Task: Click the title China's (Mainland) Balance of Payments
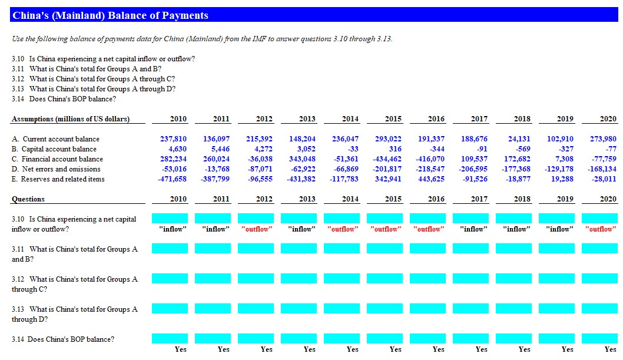(110, 15)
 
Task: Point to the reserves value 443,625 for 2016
(432, 179)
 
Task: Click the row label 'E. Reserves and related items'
(58, 179)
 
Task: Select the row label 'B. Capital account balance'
(54, 149)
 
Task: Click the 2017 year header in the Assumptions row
(479, 119)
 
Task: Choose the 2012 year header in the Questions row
(264, 199)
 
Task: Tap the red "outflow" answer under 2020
(599, 229)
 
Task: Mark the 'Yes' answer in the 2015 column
(395, 349)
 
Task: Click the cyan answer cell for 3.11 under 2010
(170, 249)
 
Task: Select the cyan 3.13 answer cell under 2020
(599, 309)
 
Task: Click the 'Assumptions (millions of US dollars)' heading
(71, 119)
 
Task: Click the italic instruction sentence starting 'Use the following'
(201, 39)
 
